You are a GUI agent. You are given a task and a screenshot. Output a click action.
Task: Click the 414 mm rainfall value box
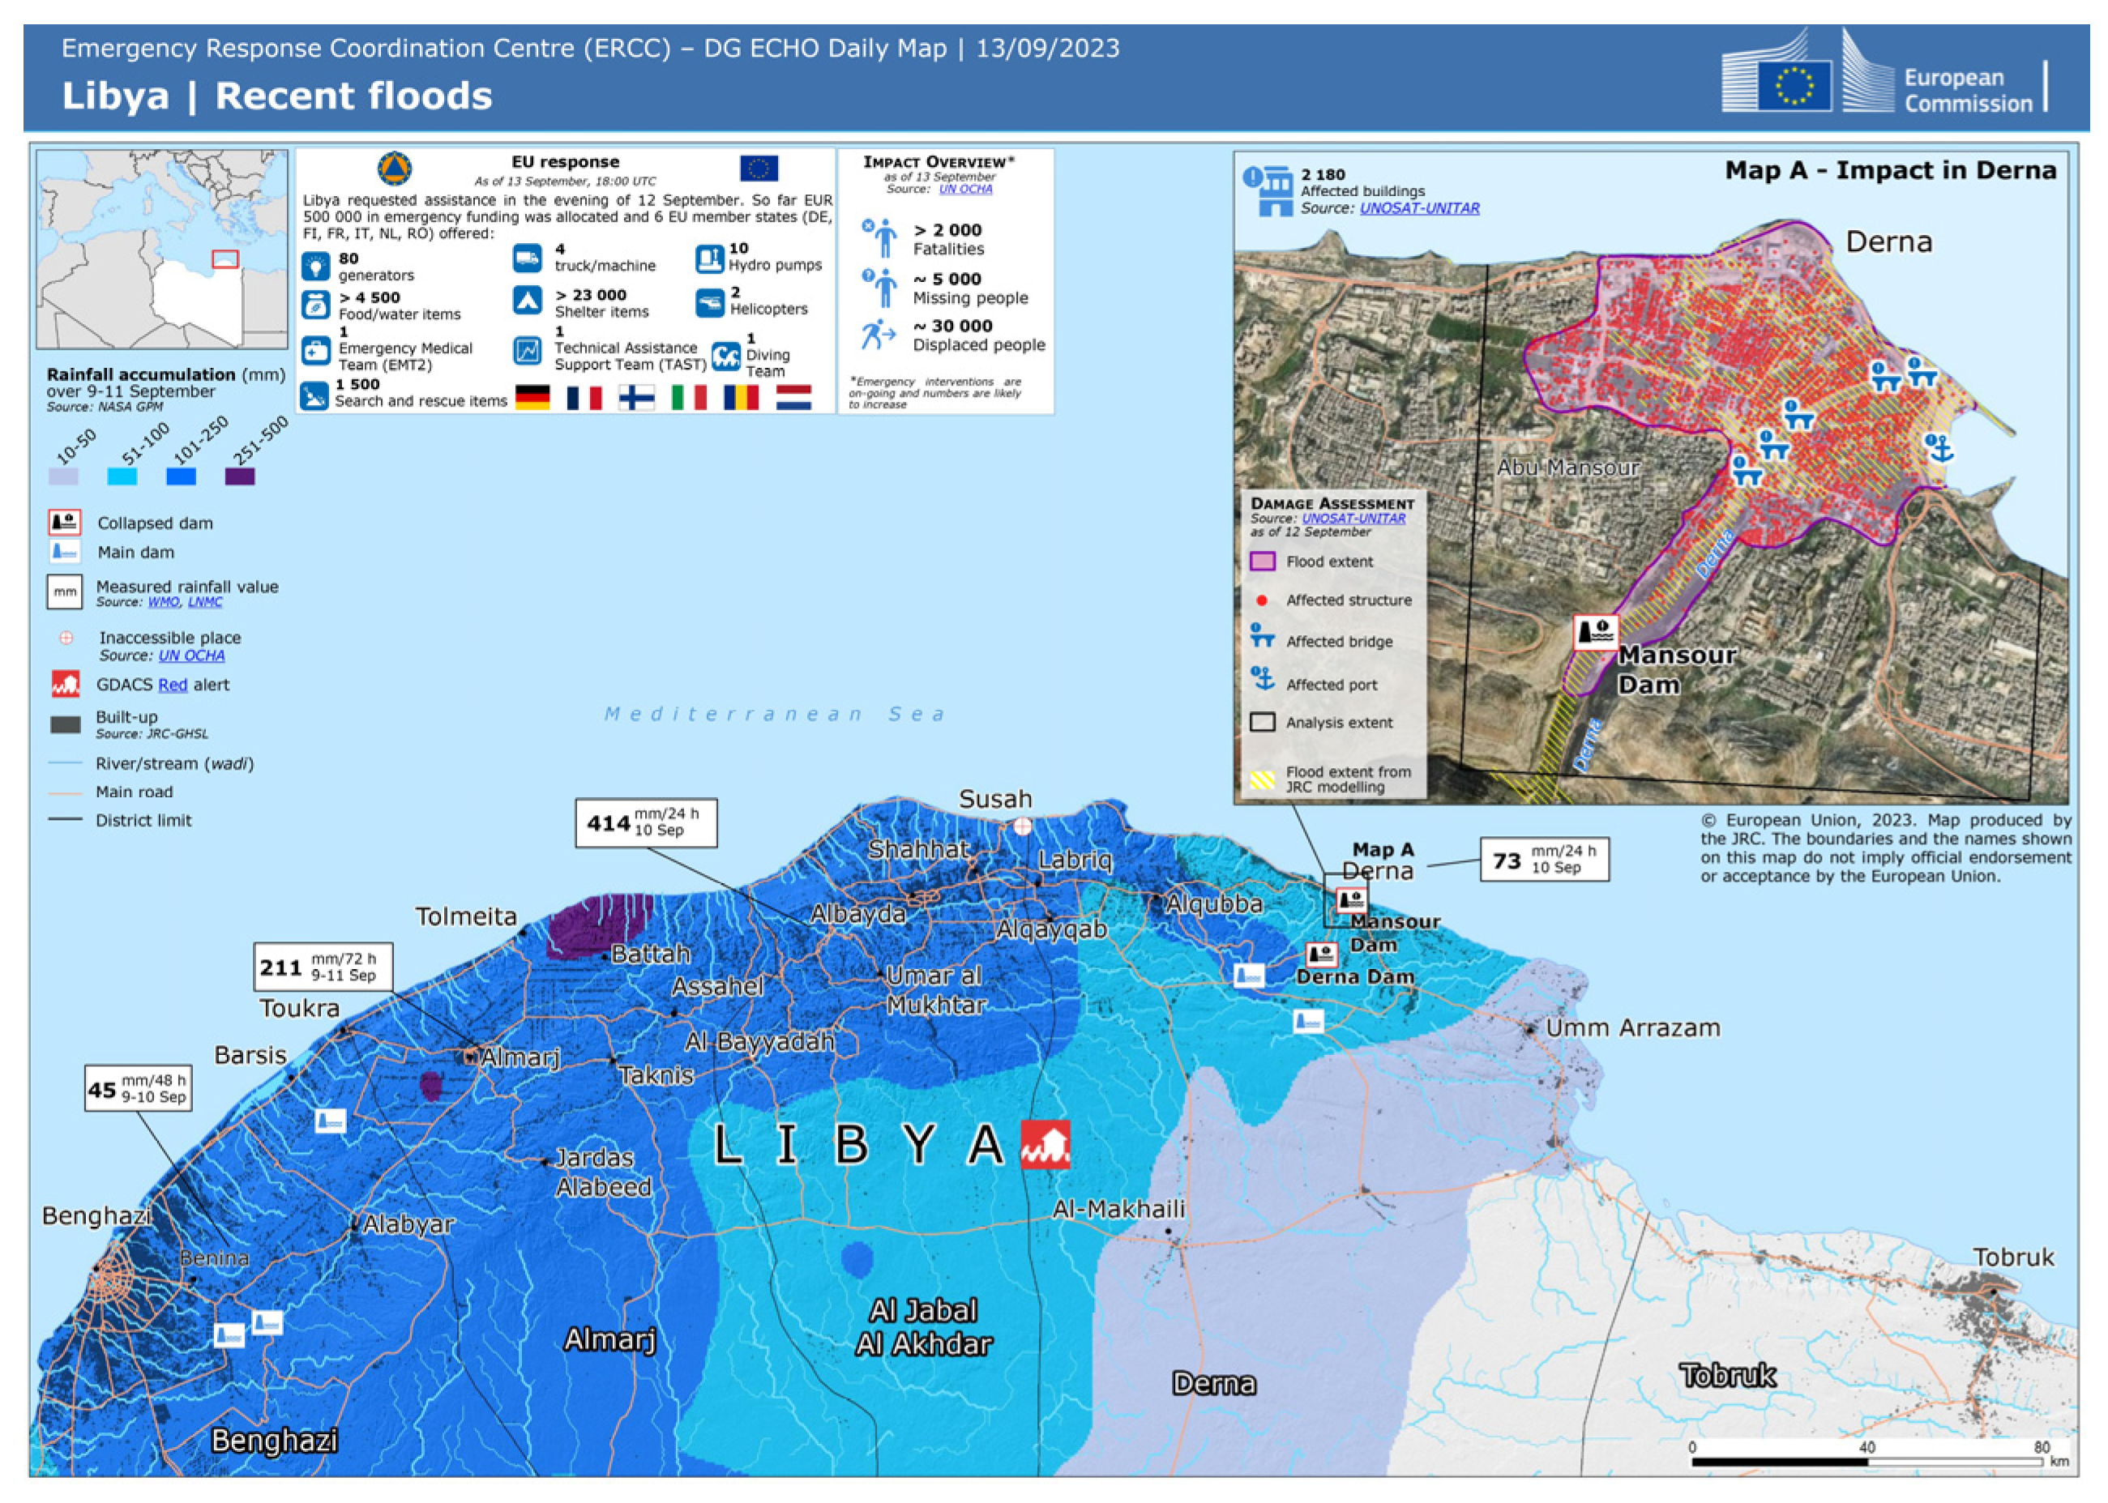click(645, 822)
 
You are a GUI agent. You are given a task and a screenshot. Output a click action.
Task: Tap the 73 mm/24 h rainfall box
click(1543, 859)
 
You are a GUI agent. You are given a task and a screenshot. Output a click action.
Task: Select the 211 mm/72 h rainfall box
click(323, 966)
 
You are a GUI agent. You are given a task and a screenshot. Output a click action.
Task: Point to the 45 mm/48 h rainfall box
click(138, 1087)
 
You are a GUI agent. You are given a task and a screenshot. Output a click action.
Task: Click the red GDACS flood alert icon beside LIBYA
click(1045, 1144)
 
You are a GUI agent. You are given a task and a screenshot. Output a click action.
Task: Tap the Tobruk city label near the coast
click(2012, 1257)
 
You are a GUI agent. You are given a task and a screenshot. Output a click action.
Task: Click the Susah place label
click(994, 799)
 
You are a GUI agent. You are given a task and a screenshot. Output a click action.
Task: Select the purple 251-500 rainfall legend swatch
click(240, 476)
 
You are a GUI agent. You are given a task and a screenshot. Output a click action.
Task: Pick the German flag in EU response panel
click(532, 398)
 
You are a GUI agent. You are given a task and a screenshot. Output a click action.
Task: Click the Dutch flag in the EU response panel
click(793, 398)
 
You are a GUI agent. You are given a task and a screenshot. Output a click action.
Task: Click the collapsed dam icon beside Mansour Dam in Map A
click(1595, 632)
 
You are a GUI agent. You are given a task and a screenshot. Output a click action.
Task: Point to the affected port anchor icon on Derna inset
click(1938, 448)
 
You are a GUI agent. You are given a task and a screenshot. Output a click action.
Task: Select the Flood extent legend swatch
click(1262, 561)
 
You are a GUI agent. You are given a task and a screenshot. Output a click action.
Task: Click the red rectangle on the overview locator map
click(225, 259)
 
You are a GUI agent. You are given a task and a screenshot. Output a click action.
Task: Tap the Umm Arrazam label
click(1632, 1027)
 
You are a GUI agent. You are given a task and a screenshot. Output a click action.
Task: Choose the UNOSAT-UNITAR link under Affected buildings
click(1418, 208)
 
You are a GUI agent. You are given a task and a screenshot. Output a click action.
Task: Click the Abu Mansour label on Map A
click(1567, 468)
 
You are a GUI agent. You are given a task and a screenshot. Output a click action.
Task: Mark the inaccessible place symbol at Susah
click(1022, 826)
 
